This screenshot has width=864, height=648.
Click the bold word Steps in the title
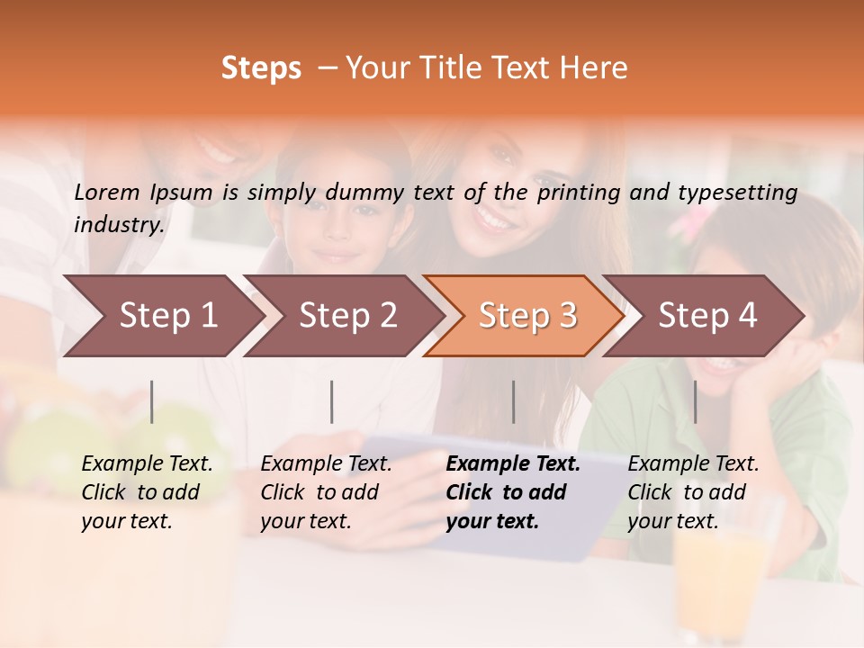coord(261,68)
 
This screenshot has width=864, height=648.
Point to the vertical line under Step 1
coord(152,401)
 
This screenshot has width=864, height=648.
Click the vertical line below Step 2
coord(332,401)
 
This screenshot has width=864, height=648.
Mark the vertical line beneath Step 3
coord(513,401)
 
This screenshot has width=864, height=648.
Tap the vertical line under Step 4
coord(695,401)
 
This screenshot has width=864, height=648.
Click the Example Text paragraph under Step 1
coord(147,492)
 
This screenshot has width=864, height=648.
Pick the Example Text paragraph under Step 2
coord(326,492)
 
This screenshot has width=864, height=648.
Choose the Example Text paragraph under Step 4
coord(693,492)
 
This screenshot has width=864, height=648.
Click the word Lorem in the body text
coord(107,192)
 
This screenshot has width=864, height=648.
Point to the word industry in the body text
coord(119,224)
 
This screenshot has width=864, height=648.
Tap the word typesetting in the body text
coord(734,193)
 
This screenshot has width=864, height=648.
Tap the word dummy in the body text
coord(364,193)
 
